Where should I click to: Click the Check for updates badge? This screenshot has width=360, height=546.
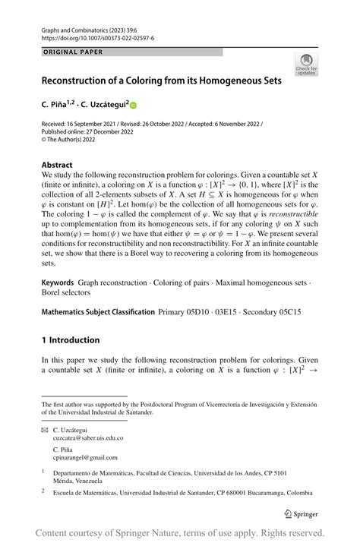click(306, 63)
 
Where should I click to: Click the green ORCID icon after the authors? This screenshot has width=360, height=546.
click(133, 105)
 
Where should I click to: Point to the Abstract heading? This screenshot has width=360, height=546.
click(58, 165)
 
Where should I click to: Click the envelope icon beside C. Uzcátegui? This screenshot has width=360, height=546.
click(45, 430)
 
